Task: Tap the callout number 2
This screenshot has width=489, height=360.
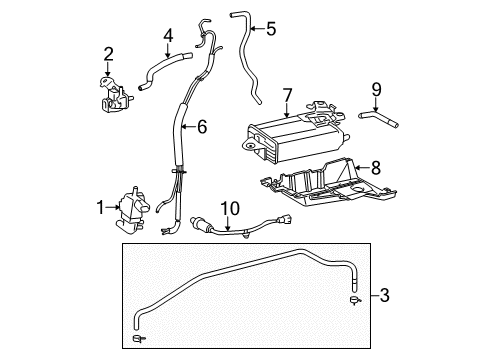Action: [109, 54]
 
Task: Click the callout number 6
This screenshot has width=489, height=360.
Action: [203, 127]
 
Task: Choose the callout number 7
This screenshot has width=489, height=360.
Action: [287, 96]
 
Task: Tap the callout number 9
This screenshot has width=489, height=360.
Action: [377, 89]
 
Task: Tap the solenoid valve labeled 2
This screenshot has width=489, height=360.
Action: [110, 93]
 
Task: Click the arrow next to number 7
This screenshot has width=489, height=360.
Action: [287, 112]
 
